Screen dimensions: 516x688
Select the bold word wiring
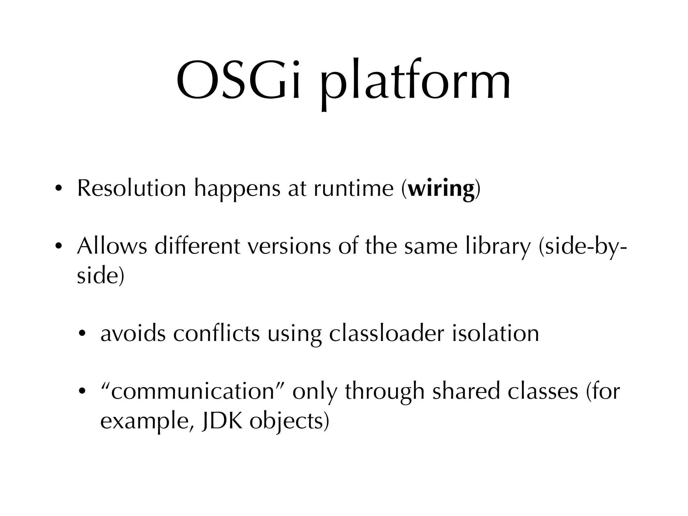coord(441,189)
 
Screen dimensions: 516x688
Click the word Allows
coord(112,246)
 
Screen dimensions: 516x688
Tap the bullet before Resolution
coord(58,189)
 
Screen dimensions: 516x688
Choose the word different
coord(198,246)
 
